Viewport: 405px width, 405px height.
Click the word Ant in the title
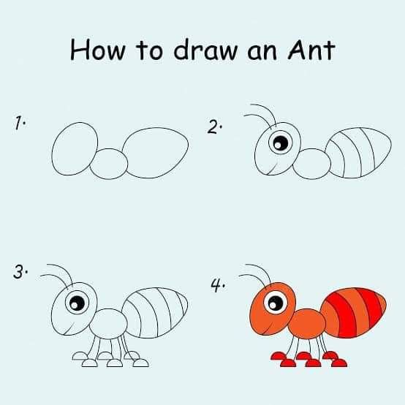(311, 50)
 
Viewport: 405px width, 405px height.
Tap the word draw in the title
(205, 50)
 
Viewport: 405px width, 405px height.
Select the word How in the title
(97, 50)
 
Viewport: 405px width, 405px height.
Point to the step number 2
(213, 126)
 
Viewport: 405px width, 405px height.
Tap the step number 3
(20, 272)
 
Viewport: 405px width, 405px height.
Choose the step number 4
(217, 285)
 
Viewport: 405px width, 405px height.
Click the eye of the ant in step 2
(281, 143)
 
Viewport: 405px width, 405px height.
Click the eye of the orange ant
(276, 302)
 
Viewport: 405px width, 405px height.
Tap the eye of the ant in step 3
(77, 302)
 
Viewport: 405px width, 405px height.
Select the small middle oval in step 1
(109, 164)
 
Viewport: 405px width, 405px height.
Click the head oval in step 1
(75, 149)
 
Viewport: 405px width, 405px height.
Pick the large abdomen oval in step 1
(155, 153)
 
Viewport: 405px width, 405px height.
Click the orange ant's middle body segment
(307, 324)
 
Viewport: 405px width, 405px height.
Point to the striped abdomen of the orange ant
(353, 313)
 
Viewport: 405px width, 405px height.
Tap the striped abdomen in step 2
(358, 153)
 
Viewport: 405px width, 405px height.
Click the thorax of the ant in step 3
(108, 324)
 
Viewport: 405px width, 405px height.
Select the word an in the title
(262, 53)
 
